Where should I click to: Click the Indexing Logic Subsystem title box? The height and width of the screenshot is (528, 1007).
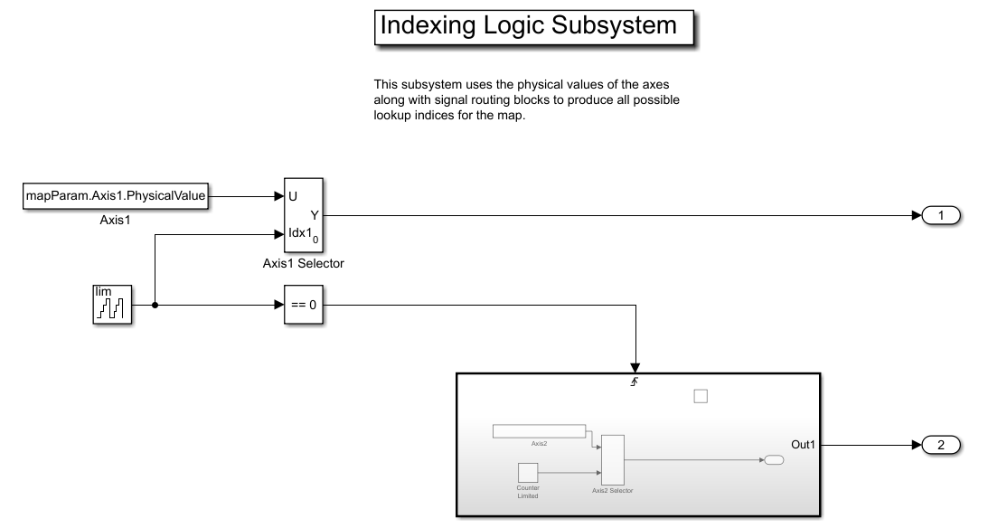[x=533, y=26]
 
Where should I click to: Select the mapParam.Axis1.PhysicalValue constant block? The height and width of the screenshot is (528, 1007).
[x=117, y=195]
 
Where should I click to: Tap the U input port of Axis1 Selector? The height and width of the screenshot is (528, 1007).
[x=292, y=195]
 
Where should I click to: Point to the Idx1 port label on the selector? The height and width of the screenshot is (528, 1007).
[x=297, y=234]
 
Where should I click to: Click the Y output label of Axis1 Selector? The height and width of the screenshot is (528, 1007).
[x=315, y=215]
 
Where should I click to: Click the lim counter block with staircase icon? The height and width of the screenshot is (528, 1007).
[x=113, y=305]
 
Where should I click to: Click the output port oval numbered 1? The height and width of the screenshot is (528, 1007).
[x=941, y=215]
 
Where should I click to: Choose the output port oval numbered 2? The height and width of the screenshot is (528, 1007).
[x=941, y=445]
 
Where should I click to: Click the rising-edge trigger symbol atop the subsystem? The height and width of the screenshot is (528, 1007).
[x=635, y=383]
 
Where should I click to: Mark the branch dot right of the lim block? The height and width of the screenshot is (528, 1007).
[x=155, y=305]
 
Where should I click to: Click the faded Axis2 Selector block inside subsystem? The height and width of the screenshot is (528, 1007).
[x=613, y=459]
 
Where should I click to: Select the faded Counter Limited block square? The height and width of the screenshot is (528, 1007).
[x=528, y=472]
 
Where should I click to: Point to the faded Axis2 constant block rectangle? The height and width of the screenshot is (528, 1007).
[x=539, y=431]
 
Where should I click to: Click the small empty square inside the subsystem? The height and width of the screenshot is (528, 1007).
[x=700, y=396]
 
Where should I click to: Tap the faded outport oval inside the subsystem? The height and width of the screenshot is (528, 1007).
[x=774, y=459]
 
